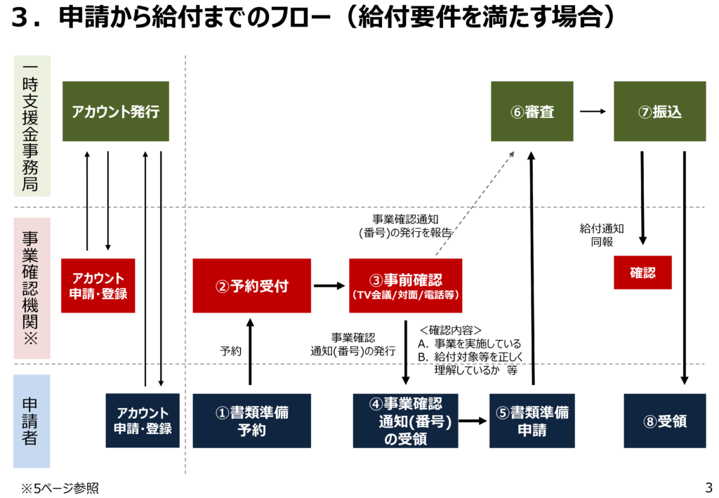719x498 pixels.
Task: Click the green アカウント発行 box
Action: [116, 111]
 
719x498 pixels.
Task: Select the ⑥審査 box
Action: [532, 111]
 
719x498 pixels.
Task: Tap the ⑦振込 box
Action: [659, 111]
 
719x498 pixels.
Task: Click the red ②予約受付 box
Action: [251, 286]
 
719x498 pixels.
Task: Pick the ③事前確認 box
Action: [405, 286]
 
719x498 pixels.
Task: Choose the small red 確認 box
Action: [642, 273]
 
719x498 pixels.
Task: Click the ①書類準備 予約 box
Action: [251, 421]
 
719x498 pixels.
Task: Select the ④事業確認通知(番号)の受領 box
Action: [405, 421]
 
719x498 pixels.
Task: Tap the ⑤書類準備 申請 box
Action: [532, 421]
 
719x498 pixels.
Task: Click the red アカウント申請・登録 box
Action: [98, 286]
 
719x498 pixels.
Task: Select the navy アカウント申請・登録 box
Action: [143, 421]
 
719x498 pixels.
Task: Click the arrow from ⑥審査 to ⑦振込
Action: [593, 111]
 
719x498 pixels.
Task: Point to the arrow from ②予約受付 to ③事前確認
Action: [329, 286]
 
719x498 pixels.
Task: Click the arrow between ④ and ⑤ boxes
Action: [473, 421]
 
